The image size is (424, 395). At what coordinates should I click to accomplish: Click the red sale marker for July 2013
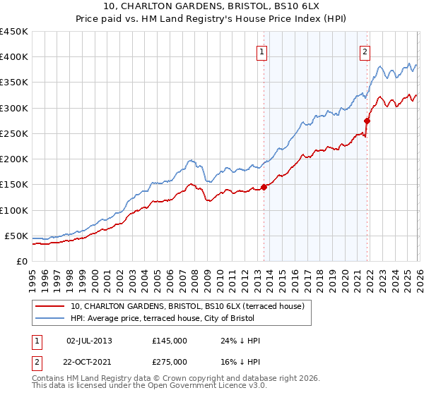click(x=264, y=187)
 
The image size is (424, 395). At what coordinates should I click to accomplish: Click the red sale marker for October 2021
click(x=367, y=121)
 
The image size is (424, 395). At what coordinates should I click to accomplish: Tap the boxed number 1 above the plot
click(x=262, y=51)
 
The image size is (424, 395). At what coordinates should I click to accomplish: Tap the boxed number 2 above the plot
click(x=365, y=51)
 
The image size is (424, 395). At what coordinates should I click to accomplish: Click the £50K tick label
click(x=17, y=236)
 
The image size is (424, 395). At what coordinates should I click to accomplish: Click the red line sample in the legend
click(x=51, y=306)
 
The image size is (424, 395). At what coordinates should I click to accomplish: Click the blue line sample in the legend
click(x=51, y=318)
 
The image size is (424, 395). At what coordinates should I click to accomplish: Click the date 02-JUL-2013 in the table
click(x=89, y=340)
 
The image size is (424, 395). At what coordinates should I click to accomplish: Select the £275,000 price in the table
click(x=169, y=362)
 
